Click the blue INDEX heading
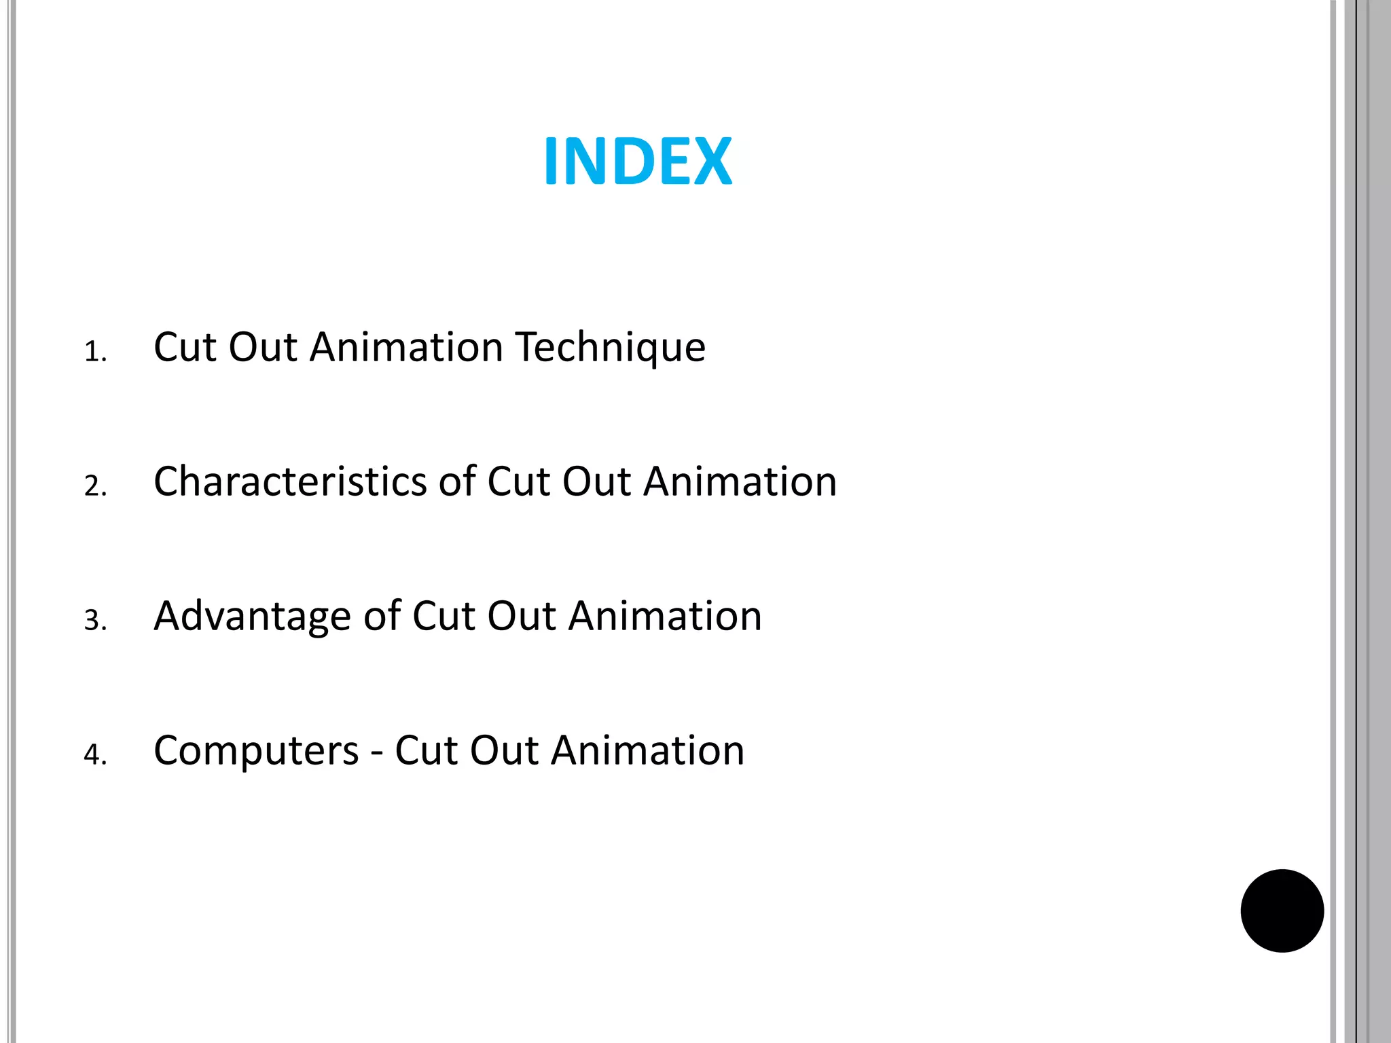click(638, 162)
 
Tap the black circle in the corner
click(1282, 911)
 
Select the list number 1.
click(95, 352)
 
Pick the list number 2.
click(95, 486)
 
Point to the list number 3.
click(95, 621)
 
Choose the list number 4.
click(95, 754)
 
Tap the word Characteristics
click(290, 481)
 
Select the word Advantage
click(252, 616)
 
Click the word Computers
click(256, 750)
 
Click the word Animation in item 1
click(406, 347)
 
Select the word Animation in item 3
click(666, 616)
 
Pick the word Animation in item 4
click(648, 750)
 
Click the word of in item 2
click(457, 481)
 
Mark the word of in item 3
click(382, 616)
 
